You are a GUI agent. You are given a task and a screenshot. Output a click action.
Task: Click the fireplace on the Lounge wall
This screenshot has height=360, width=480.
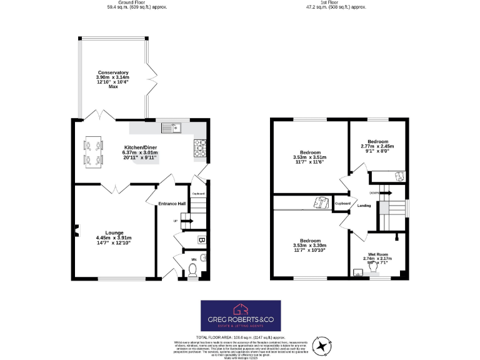pos(76,231)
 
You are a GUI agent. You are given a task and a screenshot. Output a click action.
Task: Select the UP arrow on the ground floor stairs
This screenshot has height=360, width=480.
pos(176,221)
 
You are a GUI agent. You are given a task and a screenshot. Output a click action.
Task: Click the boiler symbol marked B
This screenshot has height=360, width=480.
pos(201,239)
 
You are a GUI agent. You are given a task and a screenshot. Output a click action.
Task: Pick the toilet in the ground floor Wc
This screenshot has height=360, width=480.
pos(193,270)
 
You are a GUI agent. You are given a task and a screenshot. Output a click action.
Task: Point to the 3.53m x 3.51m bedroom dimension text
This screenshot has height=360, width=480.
pos(310,157)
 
